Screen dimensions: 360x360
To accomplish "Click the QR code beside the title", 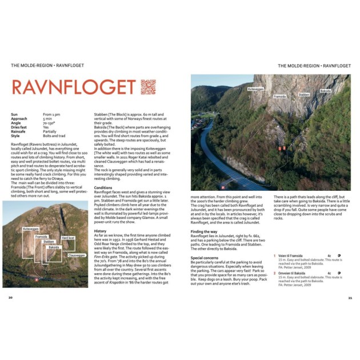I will click(148, 87).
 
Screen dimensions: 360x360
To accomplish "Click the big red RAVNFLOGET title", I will click(74, 87).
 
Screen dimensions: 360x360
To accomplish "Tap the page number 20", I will click(11, 297).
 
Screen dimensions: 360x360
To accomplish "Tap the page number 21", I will click(349, 297).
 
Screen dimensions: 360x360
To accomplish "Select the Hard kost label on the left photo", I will click(68, 237).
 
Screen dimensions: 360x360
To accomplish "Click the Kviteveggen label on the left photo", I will click(31, 229).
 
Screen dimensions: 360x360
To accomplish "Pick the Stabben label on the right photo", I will click(304, 95).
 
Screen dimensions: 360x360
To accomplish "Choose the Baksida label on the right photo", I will click(325, 91).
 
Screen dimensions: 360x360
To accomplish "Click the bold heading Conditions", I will click(103, 187).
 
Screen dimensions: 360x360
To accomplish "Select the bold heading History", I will click(100, 230).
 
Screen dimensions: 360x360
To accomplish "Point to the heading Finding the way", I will click(204, 231).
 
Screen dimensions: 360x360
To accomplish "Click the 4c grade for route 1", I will click(329, 255).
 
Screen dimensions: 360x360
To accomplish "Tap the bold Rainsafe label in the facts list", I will click(20, 131).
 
